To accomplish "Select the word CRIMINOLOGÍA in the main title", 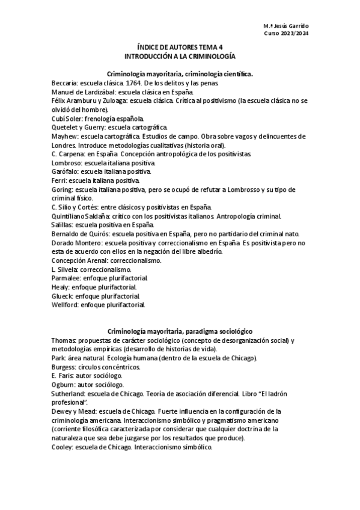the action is pyautogui.click(x=210, y=55).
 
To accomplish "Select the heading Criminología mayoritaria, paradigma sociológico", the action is pyautogui.click(x=179, y=331).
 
